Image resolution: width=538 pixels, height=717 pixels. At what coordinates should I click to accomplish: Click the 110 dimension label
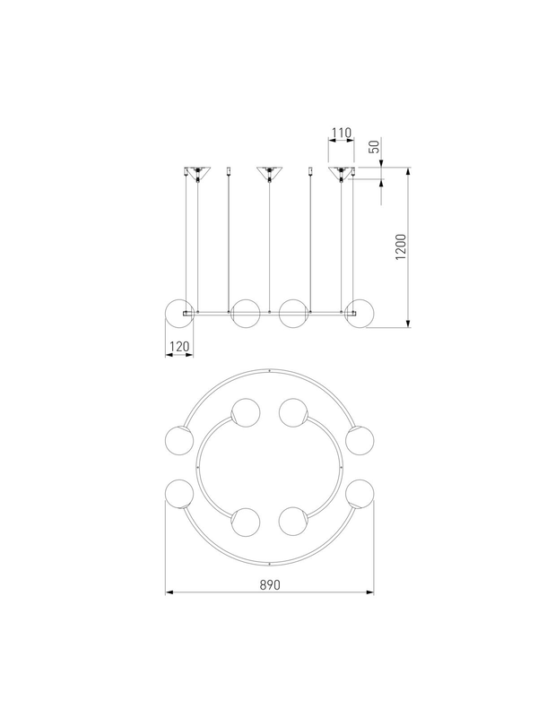click(x=342, y=133)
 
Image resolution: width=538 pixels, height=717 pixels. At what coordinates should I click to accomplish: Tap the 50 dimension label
click(x=374, y=146)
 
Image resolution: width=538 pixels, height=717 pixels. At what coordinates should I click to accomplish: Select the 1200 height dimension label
click(x=401, y=247)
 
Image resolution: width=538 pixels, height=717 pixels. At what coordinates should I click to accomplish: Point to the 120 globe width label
click(x=178, y=347)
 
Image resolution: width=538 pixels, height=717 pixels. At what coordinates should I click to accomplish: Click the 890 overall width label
click(x=270, y=585)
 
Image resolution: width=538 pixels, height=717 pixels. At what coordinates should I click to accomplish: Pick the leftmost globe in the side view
click(x=179, y=314)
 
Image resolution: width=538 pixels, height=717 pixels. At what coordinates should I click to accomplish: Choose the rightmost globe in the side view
click(x=360, y=314)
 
